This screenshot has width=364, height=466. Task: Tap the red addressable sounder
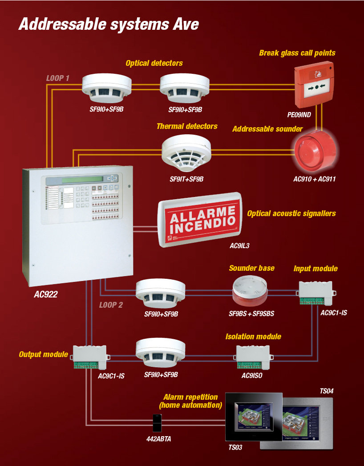pos(314,151)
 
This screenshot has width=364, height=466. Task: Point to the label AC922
pos(45,294)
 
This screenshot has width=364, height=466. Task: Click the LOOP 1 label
pos(58,78)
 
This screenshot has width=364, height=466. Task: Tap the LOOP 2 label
pos(111,305)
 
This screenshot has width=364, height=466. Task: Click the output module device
pos(89,357)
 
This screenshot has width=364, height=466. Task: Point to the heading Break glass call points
pos(297,53)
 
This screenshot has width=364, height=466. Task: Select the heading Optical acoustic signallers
pos(291,213)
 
